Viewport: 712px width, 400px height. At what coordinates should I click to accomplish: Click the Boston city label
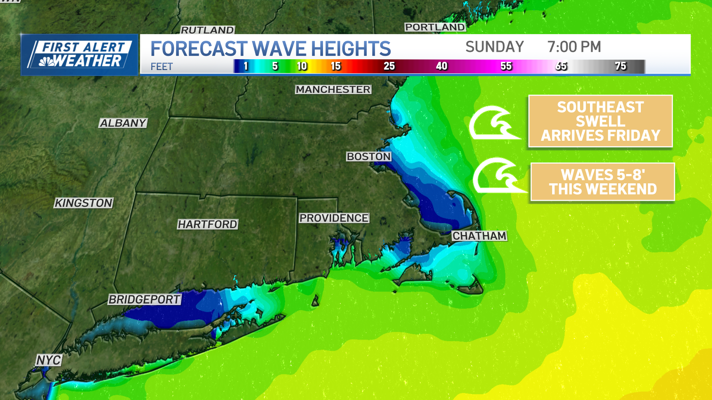point(369,157)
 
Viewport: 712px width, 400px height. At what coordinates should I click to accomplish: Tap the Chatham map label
point(479,236)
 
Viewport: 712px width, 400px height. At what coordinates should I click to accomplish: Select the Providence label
point(334,218)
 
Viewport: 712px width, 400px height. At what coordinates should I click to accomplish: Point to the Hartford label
point(207,224)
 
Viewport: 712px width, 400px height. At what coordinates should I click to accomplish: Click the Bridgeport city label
point(144,299)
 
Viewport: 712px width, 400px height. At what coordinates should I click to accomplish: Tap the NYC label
point(49,360)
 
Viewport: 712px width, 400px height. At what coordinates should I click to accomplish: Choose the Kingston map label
point(83,203)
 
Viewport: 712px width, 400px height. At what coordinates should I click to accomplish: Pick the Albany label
point(123,123)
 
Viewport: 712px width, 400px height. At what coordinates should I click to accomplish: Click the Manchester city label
point(333,90)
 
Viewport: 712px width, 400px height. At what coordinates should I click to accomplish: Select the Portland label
point(435,27)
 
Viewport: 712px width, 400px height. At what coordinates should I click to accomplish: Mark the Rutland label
point(207,30)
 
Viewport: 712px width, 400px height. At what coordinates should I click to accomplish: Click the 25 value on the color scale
point(389,66)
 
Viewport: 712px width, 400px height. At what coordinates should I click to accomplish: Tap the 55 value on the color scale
point(506,66)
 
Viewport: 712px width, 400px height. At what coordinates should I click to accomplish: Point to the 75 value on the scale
point(620,66)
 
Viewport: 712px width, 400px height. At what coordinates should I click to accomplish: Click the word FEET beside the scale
point(162,67)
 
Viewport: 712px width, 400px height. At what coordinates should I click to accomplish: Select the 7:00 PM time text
point(574,47)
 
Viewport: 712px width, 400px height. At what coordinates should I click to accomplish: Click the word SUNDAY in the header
point(494,47)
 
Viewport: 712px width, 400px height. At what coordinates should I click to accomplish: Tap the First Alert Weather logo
point(79,55)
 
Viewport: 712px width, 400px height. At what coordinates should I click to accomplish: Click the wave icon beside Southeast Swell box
point(493,123)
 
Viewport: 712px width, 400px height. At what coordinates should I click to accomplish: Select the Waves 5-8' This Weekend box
point(603,182)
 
